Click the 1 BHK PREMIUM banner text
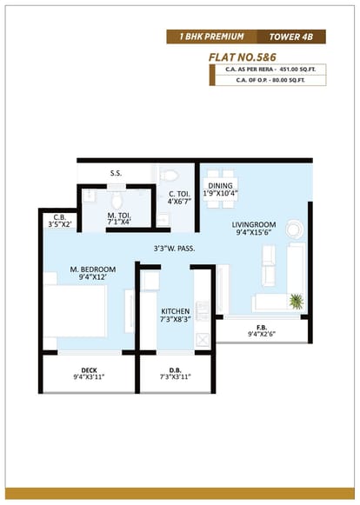211,37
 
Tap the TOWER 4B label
291,37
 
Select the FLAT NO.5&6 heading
243,57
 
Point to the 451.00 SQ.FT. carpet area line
270,70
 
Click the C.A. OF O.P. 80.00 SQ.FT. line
270,80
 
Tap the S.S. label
116,173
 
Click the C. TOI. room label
179,194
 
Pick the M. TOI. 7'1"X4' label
119,218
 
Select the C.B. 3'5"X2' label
60,222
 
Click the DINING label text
221,186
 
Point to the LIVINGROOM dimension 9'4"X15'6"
254,232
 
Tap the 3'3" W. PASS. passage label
174,249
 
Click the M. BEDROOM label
93,269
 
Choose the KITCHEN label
176,311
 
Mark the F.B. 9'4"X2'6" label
262,331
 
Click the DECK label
89,370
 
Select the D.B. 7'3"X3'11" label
176,374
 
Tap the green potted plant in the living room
297,301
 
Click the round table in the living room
294,229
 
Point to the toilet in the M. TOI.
117,201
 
